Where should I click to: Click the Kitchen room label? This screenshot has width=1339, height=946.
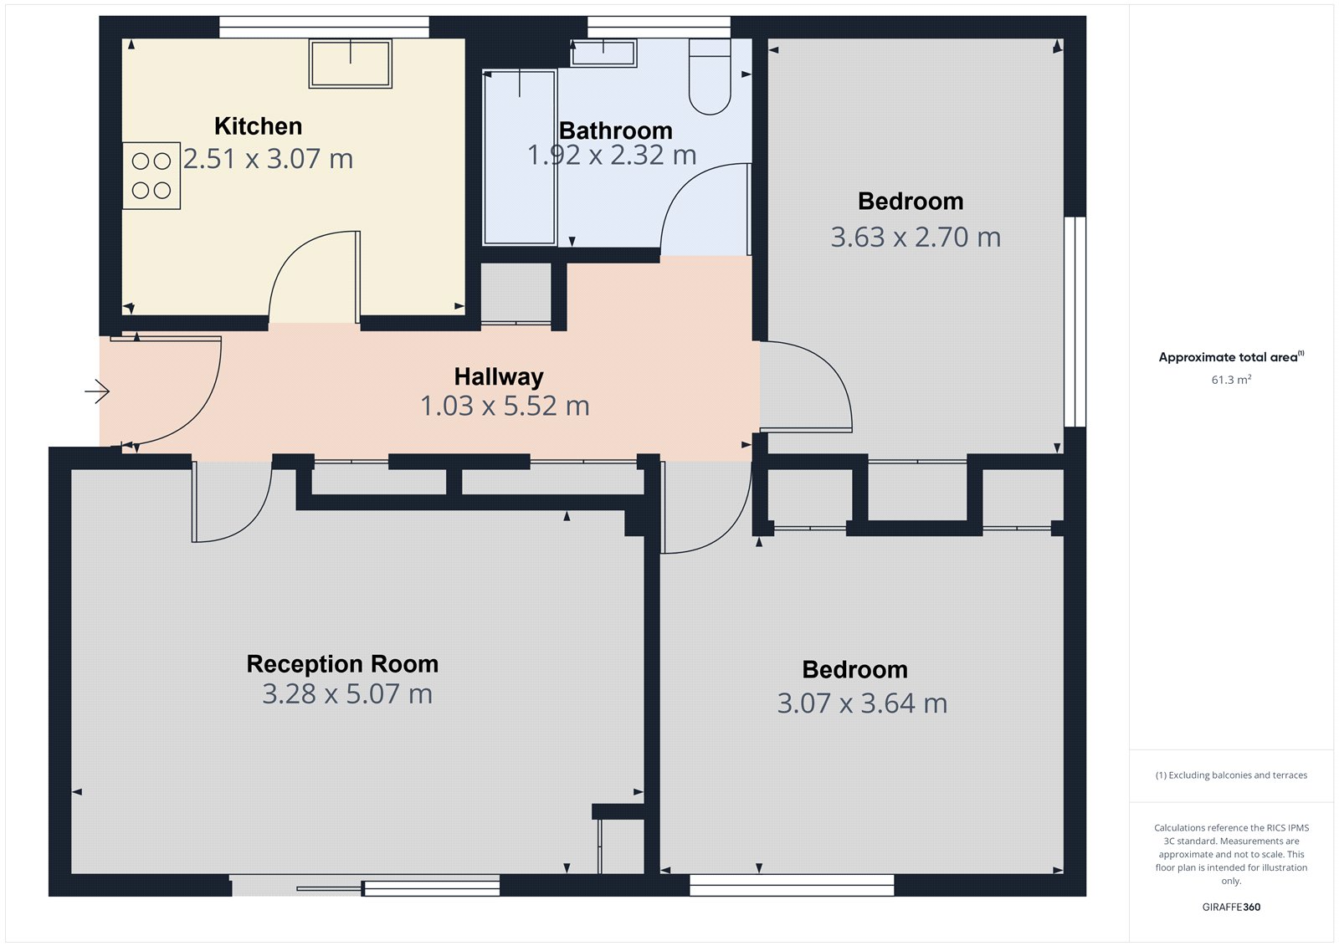[x=258, y=126]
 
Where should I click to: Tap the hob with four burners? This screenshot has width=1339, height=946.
[x=151, y=176]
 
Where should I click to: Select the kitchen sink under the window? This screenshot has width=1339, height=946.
[x=350, y=63]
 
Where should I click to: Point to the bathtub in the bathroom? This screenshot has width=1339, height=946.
[x=520, y=157]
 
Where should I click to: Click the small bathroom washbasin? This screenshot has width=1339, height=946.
[x=603, y=54]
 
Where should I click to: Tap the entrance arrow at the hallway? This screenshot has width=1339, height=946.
[x=97, y=391]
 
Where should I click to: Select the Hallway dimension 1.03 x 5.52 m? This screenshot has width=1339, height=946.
[x=505, y=407]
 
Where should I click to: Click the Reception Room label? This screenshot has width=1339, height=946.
[x=342, y=664]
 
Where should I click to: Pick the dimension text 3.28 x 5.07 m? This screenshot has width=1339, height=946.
[x=347, y=694]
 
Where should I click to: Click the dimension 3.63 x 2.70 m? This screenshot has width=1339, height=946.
[x=916, y=238]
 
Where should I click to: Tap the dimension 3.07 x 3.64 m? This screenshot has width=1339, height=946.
[x=862, y=703]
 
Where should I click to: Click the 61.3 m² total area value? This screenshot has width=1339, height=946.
[x=1231, y=380]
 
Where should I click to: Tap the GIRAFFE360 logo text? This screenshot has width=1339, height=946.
[x=1231, y=907]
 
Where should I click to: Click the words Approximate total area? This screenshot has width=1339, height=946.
[x=1228, y=357]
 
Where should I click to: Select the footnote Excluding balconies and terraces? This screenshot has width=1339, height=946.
[x=1231, y=775]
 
